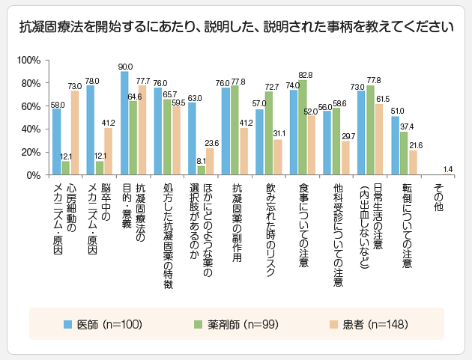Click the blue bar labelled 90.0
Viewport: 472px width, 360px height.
[x=124, y=123]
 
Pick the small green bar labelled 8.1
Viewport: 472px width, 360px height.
[x=201, y=171]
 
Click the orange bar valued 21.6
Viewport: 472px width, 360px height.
[x=413, y=163]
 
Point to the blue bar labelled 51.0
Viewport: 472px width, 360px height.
[x=395, y=146]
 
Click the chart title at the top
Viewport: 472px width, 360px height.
[x=236, y=28]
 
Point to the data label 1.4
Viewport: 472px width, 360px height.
[x=447, y=168]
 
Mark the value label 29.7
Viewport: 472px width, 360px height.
[x=345, y=135]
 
